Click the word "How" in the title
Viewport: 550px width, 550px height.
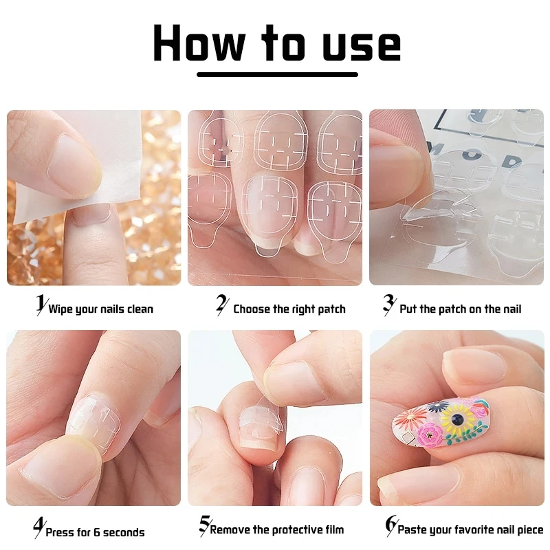pyautogui.click(x=199, y=43)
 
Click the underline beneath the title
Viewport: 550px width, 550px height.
pyautogui.click(x=277, y=74)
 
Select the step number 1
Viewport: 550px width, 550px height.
pyautogui.click(x=41, y=305)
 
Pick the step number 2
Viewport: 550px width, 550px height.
pyautogui.click(x=221, y=305)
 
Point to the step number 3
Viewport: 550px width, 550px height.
pyautogui.click(x=388, y=305)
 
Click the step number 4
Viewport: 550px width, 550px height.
pyautogui.click(x=38, y=528)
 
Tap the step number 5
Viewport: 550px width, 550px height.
pyautogui.click(x=203, y=526)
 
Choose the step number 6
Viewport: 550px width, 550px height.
pyautogui.click(x=390, y=526)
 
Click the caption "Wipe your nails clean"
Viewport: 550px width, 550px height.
pyautogui.click(x=100, y=309)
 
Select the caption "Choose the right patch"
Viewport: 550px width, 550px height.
pyautogui.click(x=289, y=309)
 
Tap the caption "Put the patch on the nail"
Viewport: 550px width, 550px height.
pyautogui.click(x=460, y=309)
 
